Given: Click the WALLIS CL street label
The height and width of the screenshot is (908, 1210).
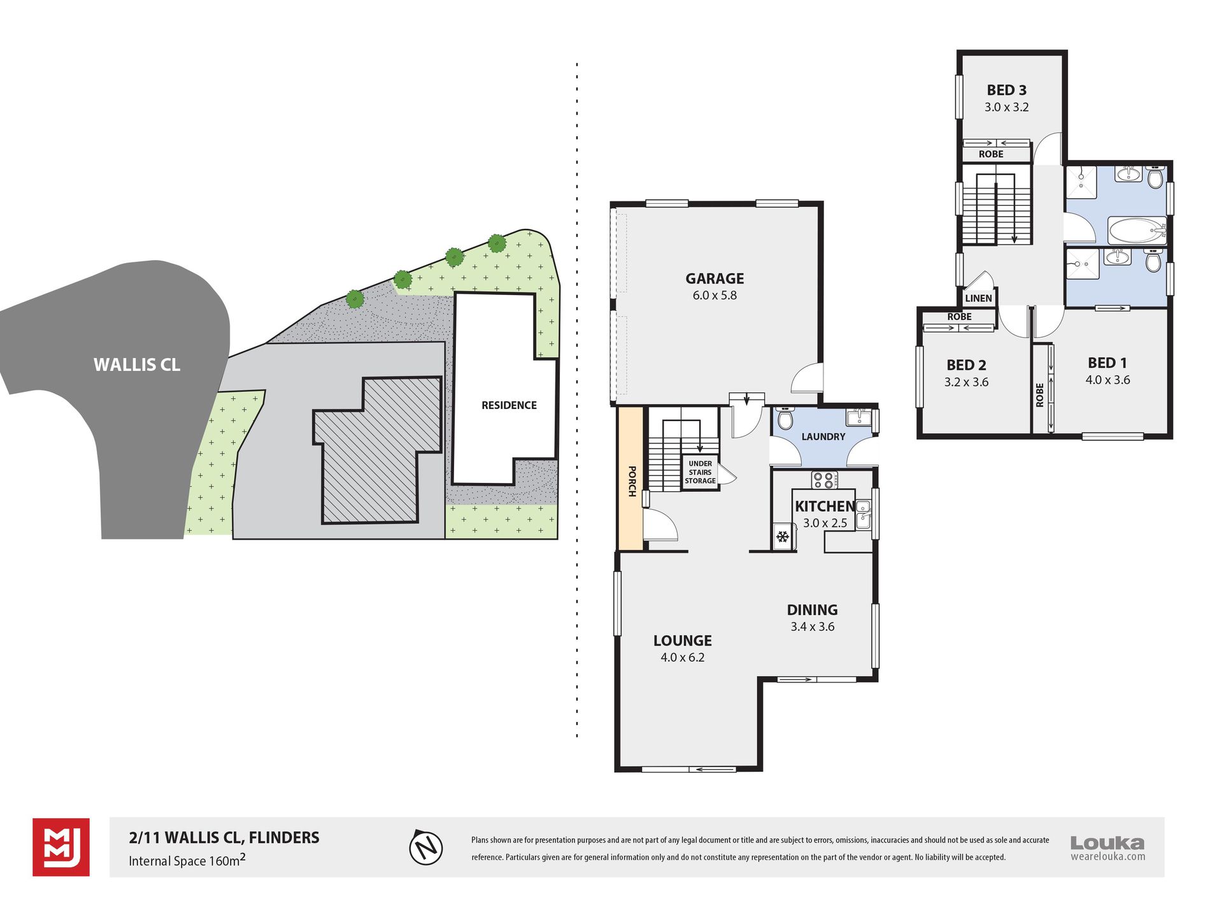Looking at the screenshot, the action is [x=137, y=365].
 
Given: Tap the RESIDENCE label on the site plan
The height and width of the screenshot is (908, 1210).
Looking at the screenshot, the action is [x=509, y=405].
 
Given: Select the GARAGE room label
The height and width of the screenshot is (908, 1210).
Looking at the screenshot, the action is [x=715, y=278].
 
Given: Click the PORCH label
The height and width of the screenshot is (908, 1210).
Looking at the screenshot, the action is [x=632, y=481].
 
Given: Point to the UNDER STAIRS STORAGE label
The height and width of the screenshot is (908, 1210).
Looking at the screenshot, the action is [x=700, y=472].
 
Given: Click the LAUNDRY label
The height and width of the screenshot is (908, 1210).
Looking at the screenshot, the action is [x=823, y=436].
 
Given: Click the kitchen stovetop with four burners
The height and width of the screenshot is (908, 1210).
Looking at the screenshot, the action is [x=825, y=480].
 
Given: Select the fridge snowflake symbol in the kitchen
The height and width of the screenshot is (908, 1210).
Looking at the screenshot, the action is [x=783, y=537].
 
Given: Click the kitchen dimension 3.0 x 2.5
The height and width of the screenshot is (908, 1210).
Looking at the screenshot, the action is [x=825, y=523].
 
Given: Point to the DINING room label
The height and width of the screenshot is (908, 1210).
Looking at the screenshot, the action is [x=812, y=610].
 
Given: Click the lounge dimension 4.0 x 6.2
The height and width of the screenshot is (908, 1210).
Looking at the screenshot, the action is [x=683, y=658].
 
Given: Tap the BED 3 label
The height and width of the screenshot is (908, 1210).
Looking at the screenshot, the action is [x=1007, y=90].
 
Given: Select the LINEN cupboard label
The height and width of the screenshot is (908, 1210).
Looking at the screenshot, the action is [x=978, y=298].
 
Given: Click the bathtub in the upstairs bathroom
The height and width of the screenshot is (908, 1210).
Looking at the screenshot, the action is [x=1137, y=231].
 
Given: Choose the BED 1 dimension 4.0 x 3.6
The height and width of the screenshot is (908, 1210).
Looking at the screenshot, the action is [x=1107, y=380].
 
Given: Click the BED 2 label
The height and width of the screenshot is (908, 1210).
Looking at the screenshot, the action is [x=966, y=365].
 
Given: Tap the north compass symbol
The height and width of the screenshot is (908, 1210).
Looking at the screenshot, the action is [x=425, y=847].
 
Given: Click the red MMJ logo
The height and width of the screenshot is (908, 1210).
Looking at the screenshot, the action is [x=61, y=847].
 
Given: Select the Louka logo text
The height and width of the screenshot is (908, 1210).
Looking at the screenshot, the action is [x=1107, y=843].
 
